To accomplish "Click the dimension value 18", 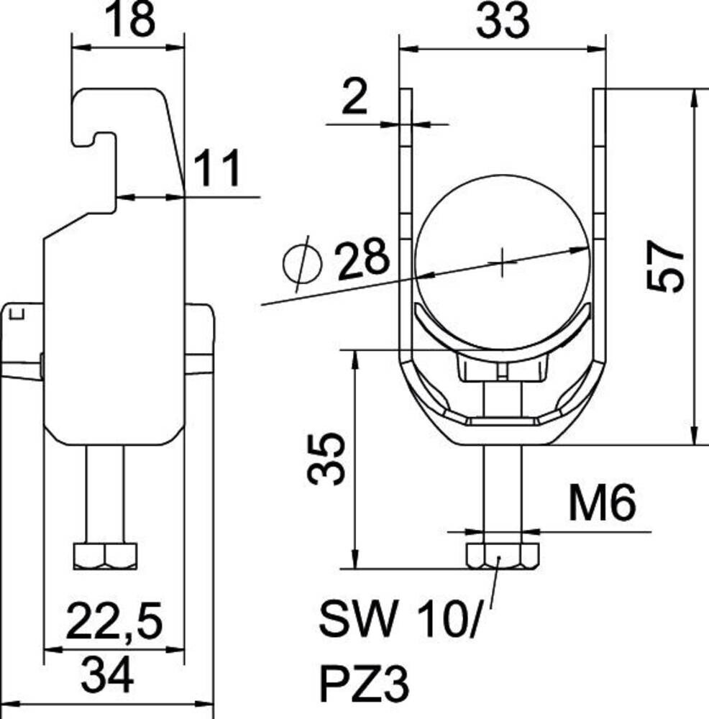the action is (129, 20).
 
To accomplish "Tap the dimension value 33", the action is (503, 21).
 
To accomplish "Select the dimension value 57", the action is (665, 267).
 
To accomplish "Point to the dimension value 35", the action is (326, 459).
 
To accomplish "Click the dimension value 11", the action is (217, 168).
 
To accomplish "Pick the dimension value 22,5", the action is (114, 621).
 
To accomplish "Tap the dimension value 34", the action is (107, 675).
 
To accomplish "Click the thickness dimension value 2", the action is (355, 96).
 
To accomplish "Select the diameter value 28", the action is (363, 259).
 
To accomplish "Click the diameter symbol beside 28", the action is (302, 264).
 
